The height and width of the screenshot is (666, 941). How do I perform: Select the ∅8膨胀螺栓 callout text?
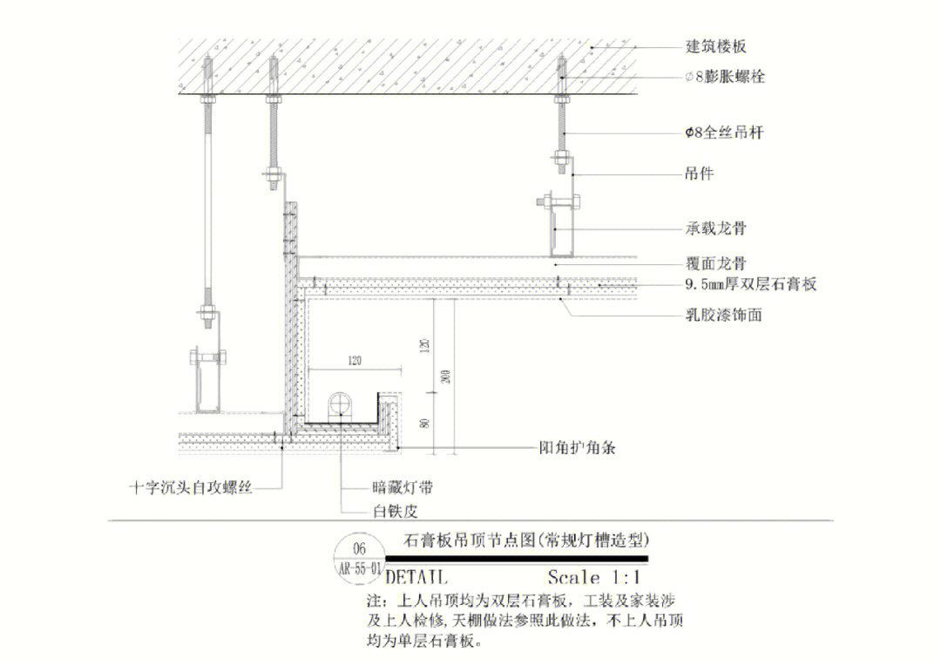coord(725,78)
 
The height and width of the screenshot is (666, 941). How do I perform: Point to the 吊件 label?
coord(700,173)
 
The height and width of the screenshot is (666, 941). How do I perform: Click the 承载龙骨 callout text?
coord(714,229)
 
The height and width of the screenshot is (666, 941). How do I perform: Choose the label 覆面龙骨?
coord(714,262)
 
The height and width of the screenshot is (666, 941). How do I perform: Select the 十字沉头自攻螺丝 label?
coord(190,487)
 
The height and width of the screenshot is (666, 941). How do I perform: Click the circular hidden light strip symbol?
coord(339,406)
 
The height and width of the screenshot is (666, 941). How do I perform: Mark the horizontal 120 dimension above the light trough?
coord(354,360)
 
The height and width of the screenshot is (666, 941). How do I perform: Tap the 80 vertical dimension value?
coord(424,423)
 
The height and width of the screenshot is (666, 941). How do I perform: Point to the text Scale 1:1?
coord(593,576)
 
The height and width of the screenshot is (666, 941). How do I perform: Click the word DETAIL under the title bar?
coord(416,577)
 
